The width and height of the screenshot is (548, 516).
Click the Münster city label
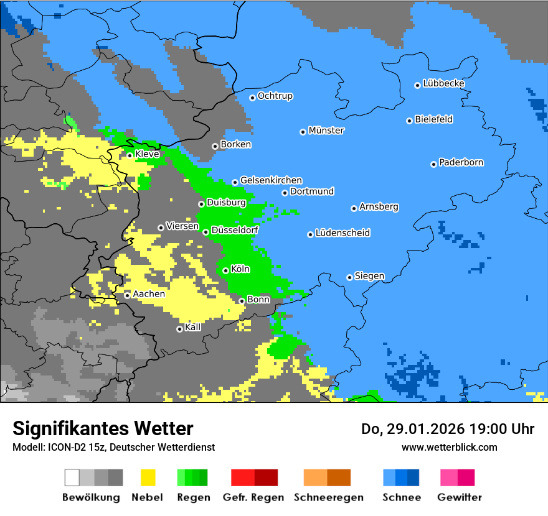click(x=326, y=131)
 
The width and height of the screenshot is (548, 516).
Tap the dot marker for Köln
click(x=225, y=270)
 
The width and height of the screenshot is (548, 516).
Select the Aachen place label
click(x=149, y=294)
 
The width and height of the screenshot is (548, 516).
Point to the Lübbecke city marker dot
click(x=417, y=85)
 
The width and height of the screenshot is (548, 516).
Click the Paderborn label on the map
click(x=461, y=163)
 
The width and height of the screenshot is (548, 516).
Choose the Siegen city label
click(x=369, y=276)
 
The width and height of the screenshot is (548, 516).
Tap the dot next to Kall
click(x=179, y=329)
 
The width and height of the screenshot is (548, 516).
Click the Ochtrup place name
click(x=275, y=96)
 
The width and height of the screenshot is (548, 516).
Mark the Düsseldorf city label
click(x=235, y=231)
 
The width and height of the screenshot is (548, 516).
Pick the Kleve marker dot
click(x=130, y=155)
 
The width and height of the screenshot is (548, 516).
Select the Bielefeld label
click(x=433, y=119)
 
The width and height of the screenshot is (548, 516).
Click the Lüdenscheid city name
click(x=342, y=233)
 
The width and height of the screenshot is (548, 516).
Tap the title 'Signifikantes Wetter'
click(x=103, y=428)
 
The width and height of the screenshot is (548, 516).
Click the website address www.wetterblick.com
click(x=449, y=447)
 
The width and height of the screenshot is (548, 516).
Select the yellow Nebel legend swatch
click(x=148, y=477)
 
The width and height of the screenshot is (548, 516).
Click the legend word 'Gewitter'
click(x=459, y=497)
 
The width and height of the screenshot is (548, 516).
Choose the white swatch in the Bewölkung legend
click(x=72, y=477)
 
